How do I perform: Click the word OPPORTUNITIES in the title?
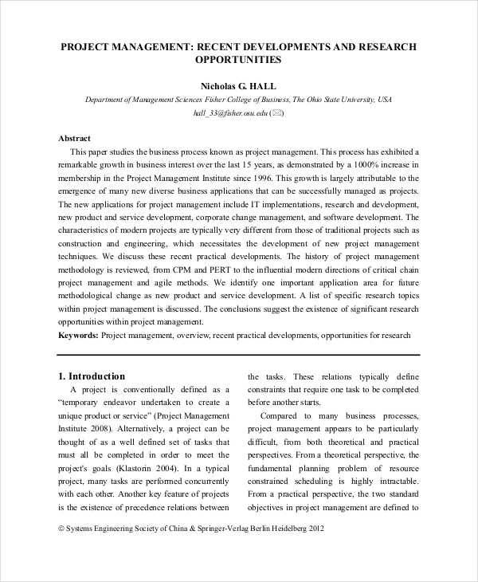[238, 60]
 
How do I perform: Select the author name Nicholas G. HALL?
[238, 85]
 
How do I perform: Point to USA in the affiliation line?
[385, 100]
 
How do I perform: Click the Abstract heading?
[75, 138]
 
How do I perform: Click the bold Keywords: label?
[79, 336]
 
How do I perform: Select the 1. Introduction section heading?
[92, 376]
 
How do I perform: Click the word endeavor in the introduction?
[123, 403]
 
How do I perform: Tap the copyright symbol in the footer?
[62, 529]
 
